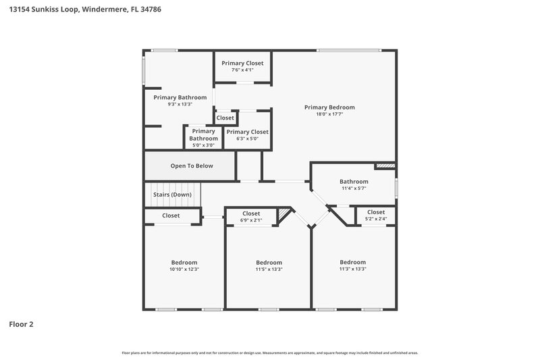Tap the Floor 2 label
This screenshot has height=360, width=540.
point(21,324)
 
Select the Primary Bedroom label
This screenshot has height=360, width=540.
point(329,107)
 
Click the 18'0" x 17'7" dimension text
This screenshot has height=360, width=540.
point(329,114)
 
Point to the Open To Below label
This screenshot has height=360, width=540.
point(192,166)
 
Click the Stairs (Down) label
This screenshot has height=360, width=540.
point(172,195)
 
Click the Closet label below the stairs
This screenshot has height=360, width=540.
point(171,216)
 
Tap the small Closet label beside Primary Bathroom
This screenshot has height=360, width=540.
point(225,118)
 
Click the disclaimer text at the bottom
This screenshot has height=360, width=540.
point(269,353)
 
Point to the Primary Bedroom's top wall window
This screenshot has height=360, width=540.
point(348,50)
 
